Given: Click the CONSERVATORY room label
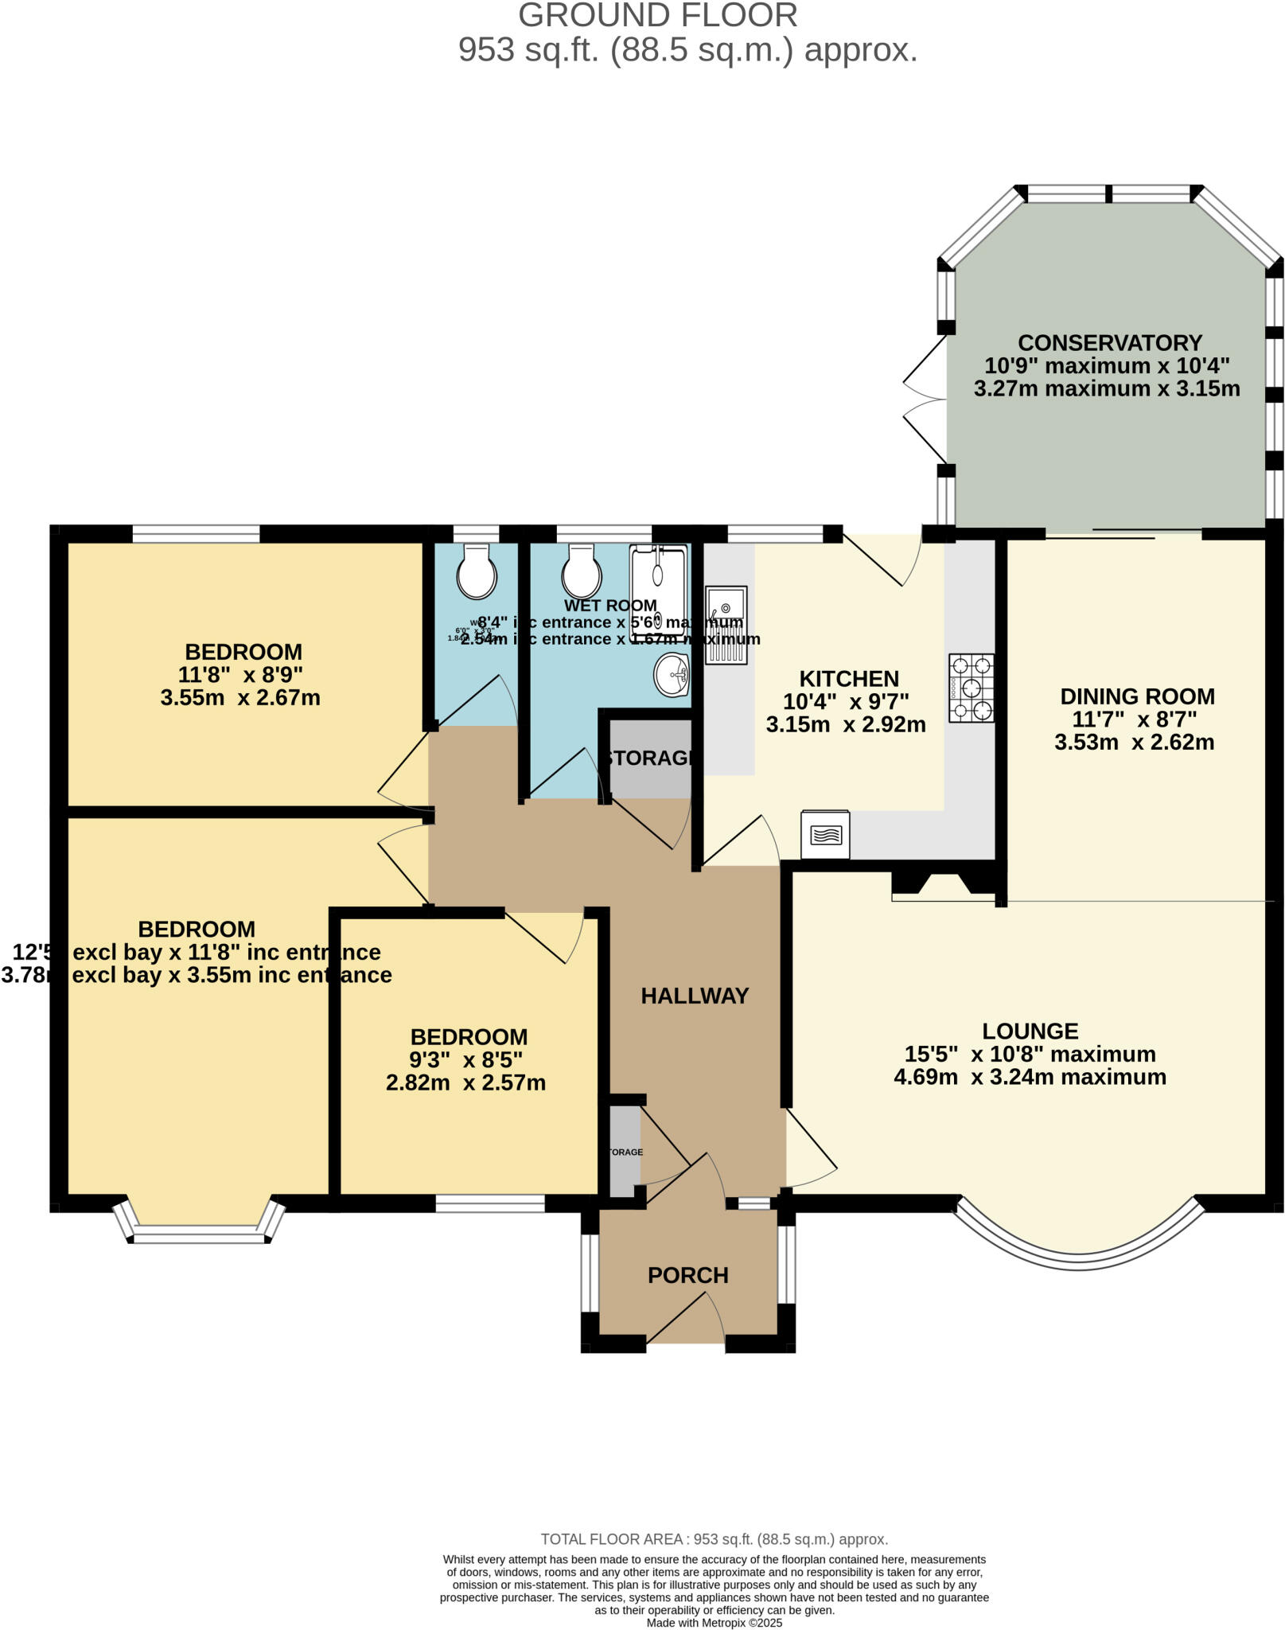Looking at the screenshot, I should point(1109,343).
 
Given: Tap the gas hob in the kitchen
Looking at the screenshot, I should point(972,688).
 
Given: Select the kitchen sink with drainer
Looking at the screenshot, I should point(726,625).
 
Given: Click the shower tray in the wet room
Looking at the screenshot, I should point(657,593).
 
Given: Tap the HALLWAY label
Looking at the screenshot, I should point(695,996).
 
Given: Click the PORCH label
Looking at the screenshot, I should point(687,1275).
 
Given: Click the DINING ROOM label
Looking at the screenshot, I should point(1137,696).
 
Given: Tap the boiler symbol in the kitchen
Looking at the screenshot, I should point(825,835).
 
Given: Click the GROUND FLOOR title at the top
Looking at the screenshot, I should point(657,16).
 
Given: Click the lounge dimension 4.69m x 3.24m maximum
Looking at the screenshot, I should point(1030,1077).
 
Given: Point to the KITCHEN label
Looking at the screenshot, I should point(848,679).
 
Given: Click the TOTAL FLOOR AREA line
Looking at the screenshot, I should point(714,1539).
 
